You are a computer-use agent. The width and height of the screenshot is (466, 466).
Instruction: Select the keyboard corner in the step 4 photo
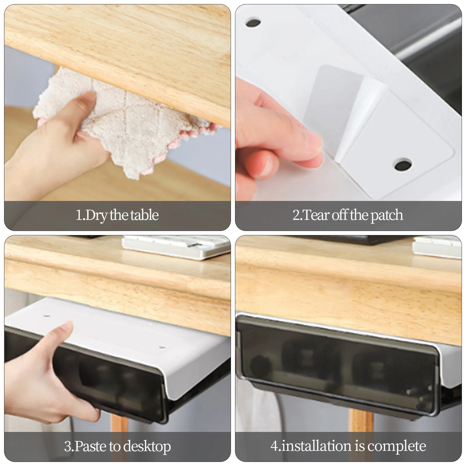click(x=437, y=248)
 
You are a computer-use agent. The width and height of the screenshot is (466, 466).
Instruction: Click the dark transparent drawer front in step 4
click(x=335, y=364)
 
